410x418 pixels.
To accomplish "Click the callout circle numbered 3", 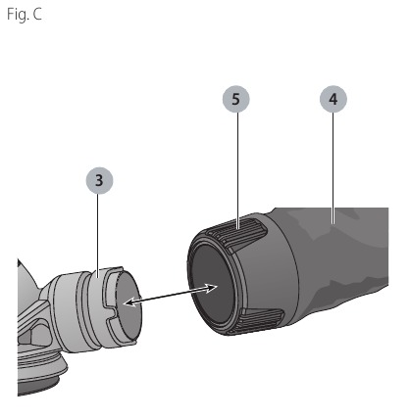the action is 99,180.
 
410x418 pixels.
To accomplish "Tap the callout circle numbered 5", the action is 235,99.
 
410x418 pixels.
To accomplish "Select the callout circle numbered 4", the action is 333,99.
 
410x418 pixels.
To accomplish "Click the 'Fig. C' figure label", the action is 25,15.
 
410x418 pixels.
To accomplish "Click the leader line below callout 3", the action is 98,235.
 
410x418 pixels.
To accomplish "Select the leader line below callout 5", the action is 237,170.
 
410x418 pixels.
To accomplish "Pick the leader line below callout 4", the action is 333,168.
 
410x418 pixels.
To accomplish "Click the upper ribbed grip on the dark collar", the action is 237,235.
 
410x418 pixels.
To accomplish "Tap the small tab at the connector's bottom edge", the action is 133,342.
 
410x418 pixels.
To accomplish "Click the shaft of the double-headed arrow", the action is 171,296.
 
